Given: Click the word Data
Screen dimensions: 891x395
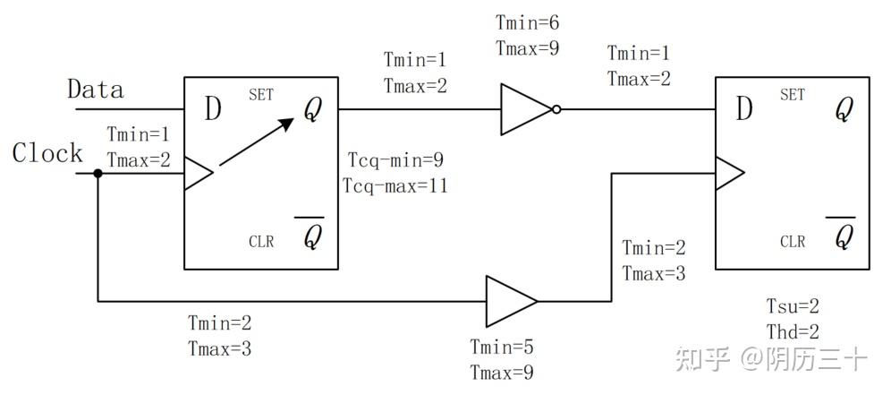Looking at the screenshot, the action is pos(96,90).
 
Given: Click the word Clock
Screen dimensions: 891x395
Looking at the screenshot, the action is pos(47,153).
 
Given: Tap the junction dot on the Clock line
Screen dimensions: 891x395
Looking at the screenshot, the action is pos(98,173).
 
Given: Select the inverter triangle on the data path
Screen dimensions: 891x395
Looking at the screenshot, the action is pos(526,109).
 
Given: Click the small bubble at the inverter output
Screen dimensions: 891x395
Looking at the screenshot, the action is pos(556,109).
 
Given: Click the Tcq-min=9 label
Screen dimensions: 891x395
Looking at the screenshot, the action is pos(396,160).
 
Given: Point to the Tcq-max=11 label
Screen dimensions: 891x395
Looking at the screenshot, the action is pos(395,185).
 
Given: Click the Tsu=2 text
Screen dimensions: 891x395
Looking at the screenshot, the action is pos(793,307).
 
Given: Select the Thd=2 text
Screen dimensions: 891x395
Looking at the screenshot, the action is pos(793,331).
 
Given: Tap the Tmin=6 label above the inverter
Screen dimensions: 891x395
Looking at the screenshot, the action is pos(528,22).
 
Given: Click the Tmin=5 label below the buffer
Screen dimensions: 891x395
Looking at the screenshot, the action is pos(502,347).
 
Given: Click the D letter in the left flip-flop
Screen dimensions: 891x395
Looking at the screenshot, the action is pos(213,109).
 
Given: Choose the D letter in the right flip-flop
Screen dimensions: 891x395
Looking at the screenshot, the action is pos(744,109).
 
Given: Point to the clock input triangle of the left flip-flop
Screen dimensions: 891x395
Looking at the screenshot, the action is pos(199,173).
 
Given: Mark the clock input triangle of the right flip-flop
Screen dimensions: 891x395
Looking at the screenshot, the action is pos(730,173).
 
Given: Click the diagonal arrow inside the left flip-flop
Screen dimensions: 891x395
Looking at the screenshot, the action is pos(257,142).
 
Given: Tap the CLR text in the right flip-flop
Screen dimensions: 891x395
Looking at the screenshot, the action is pos(793,242).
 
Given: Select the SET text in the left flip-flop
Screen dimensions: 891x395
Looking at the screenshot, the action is pos(261,94).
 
